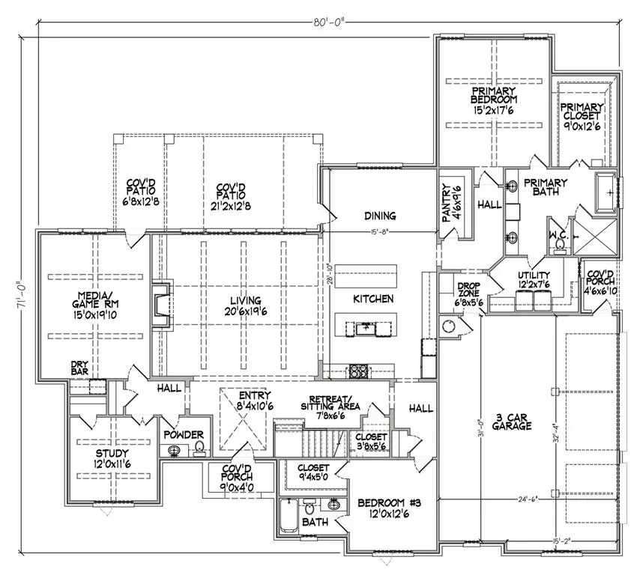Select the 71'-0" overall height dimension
coord(22,297)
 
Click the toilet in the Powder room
coord(199,448)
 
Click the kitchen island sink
coord(366,327)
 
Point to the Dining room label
coord(380,216)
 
